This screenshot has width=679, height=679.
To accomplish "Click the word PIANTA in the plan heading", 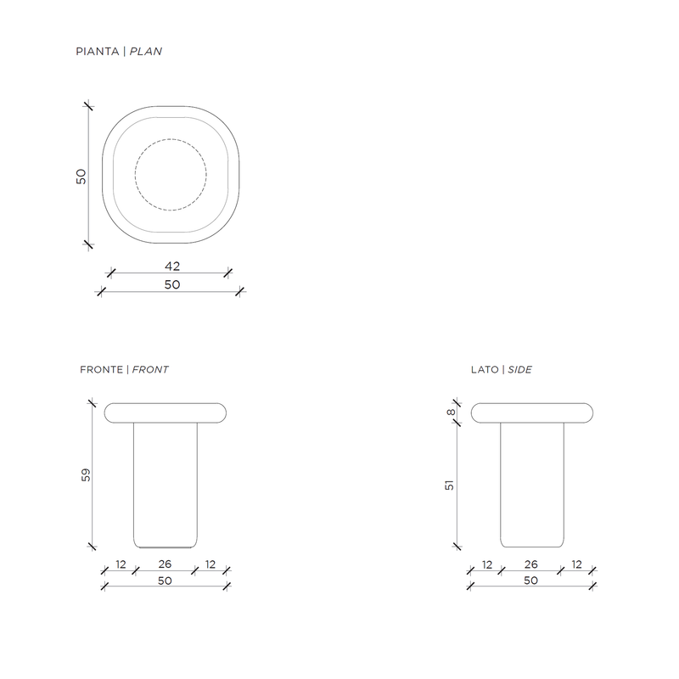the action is click(98, 52).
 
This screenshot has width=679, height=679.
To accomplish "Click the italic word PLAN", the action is click(146, 52).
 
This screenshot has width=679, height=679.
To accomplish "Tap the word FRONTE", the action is click(101, 369).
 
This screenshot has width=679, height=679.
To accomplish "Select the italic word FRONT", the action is click(150, 369).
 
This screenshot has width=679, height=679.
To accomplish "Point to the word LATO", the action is click(485, 369).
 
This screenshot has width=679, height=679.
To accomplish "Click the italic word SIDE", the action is click(519, 369).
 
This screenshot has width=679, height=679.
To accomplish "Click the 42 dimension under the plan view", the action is click(172, 266).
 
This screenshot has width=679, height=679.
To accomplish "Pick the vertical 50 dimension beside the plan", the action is click(81, 177).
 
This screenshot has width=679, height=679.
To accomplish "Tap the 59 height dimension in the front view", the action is click(86, 474).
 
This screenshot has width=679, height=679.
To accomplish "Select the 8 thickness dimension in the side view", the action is click(451, 412).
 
